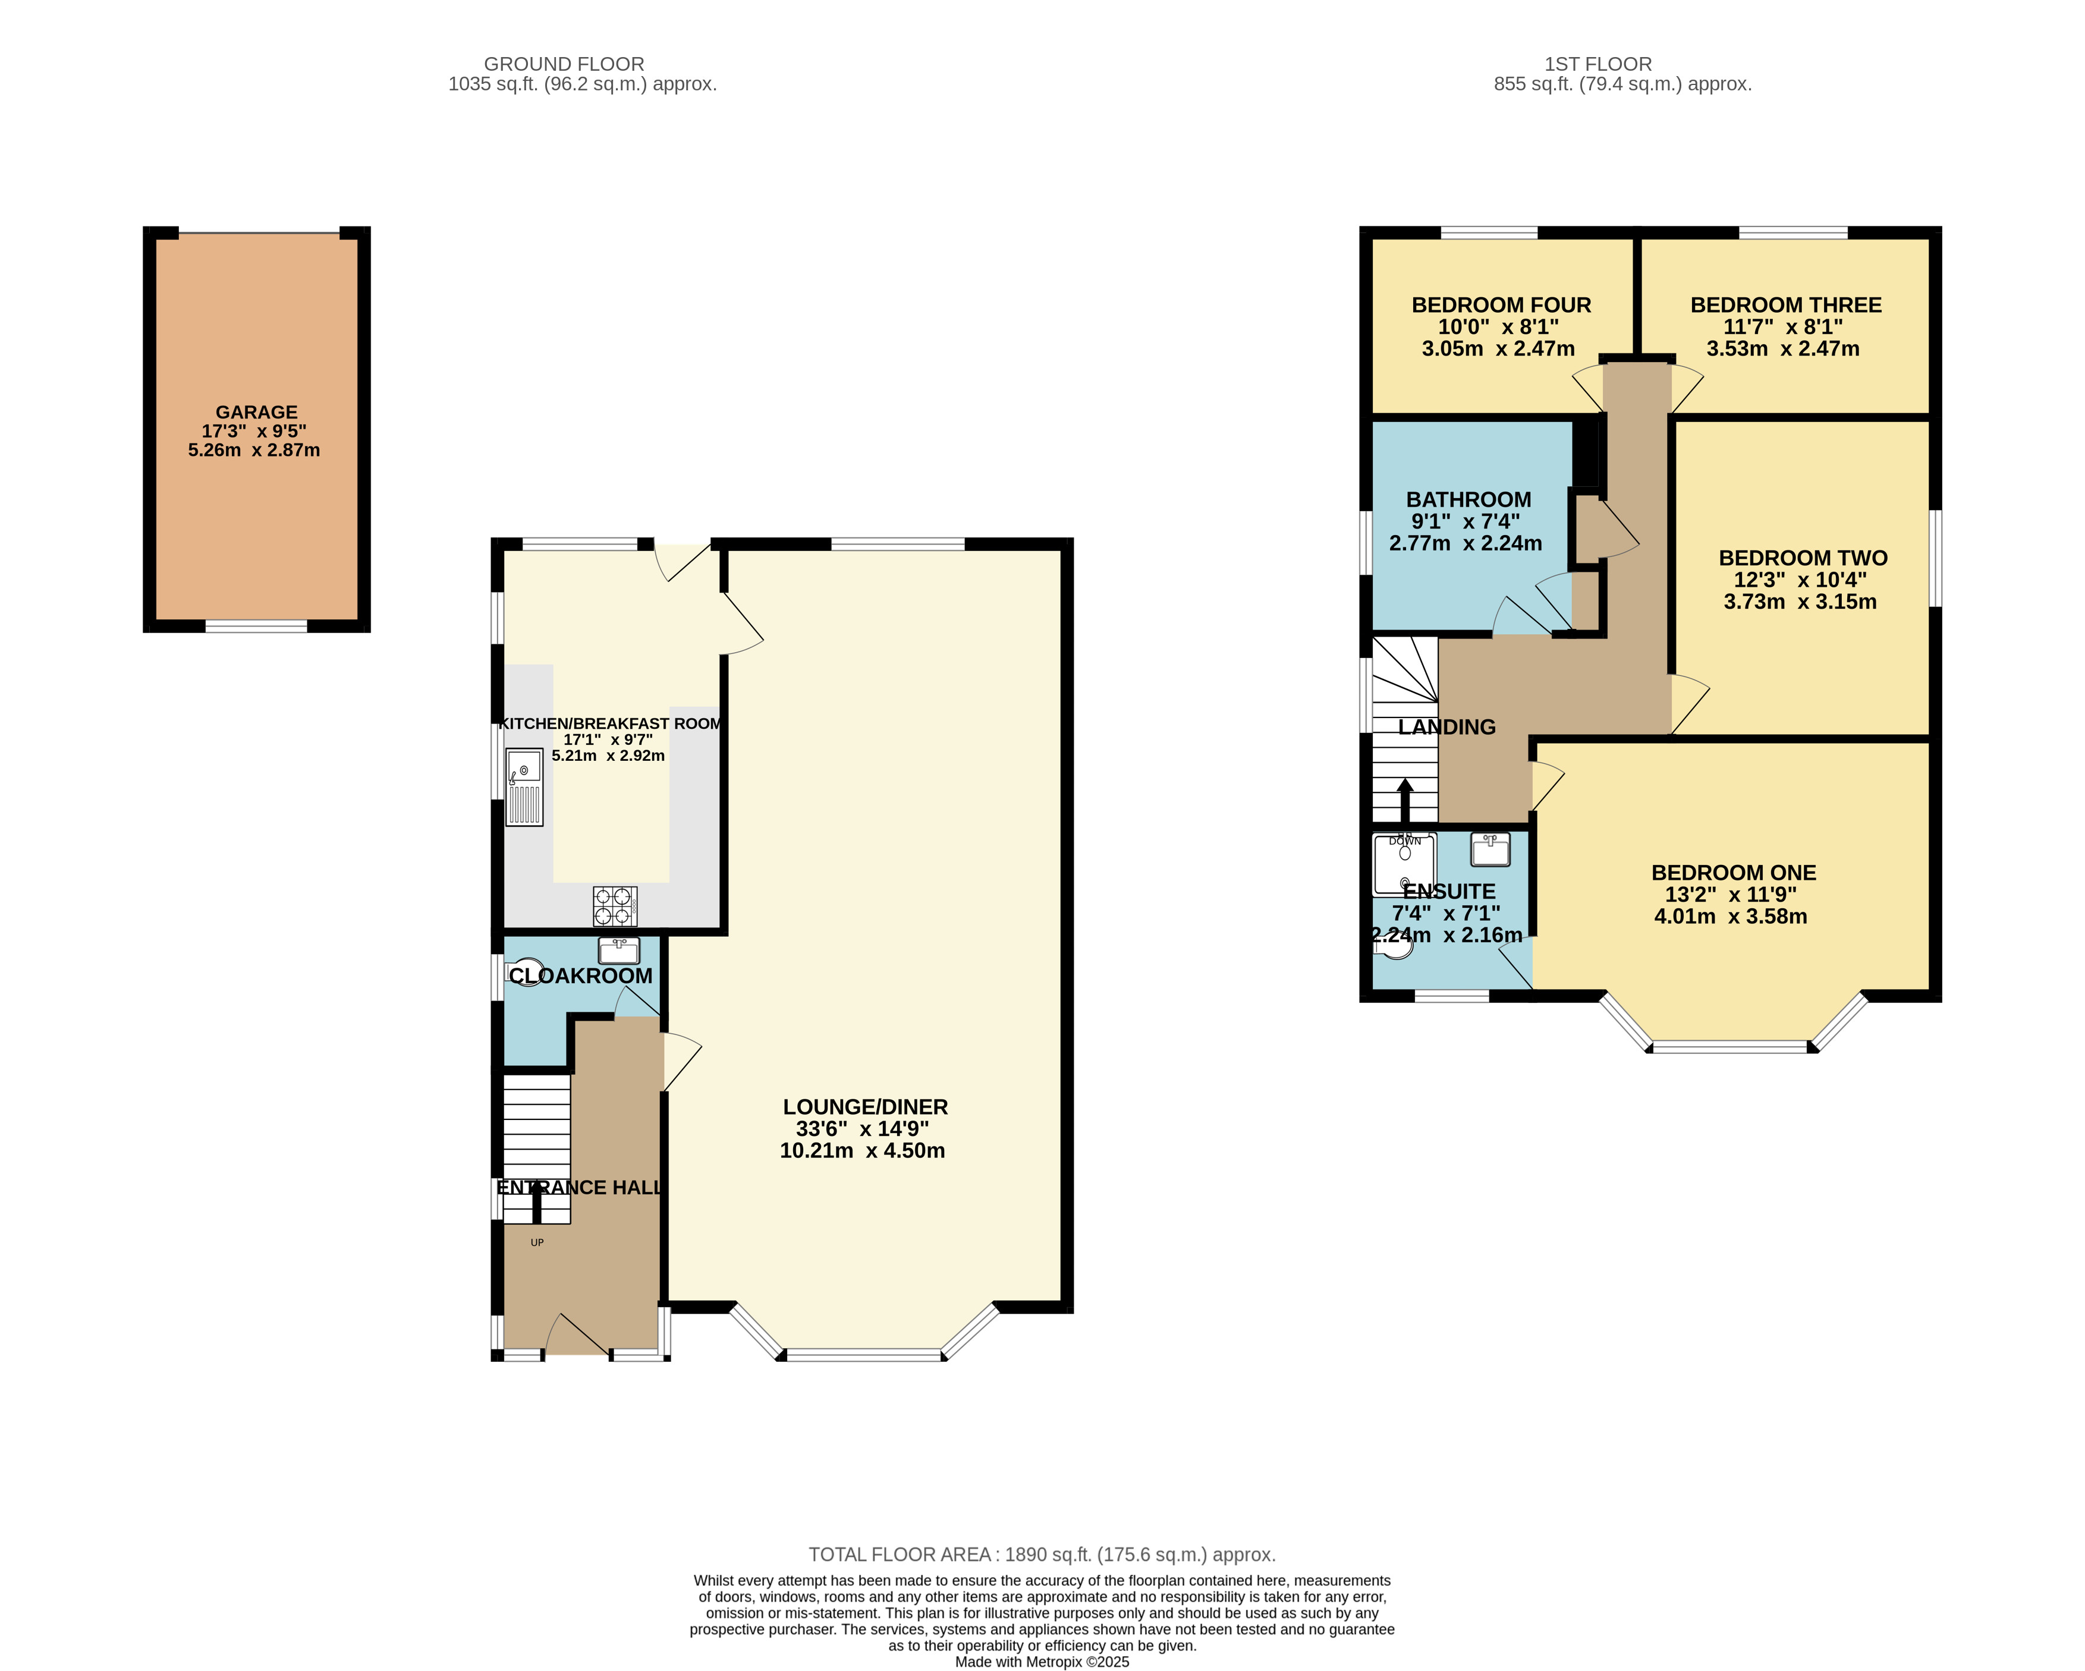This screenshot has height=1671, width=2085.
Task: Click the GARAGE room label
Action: pyautogui.click(x=256, y=412)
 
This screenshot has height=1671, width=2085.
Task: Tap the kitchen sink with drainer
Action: pyautogui.click(x=524, y=787)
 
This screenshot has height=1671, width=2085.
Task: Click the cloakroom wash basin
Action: pyautogui.click(x=619, y=951)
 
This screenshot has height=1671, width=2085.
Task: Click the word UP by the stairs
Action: pyautogui.click(x=537, y=1242)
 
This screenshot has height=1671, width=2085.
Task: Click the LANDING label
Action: pyautogui.click(x=1446, y=727)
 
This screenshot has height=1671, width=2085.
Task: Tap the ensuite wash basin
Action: pyautogui.click(x=1490, y=849)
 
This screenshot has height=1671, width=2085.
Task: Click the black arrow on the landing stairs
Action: pyautogui.click(x=1405, y=800)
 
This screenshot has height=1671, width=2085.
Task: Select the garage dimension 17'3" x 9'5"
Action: pyautogui.click(x=254, y=432)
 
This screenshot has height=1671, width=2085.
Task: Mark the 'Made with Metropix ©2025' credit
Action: pyautogui.click(x=1043, y=1662)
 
